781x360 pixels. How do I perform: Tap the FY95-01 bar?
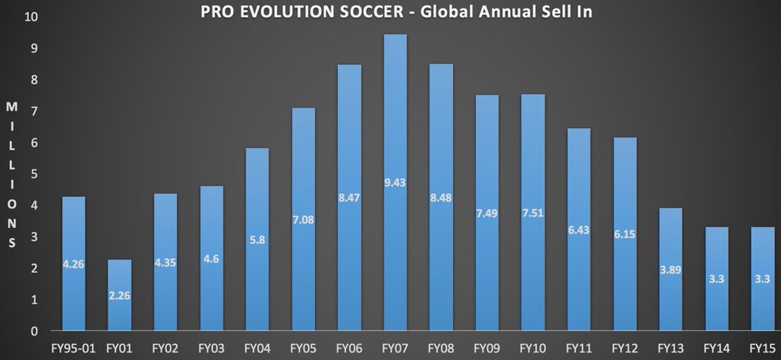tap(74, 264)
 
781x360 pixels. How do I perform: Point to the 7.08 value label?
tap(303, 220)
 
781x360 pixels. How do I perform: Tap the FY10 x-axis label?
tap(533, 348)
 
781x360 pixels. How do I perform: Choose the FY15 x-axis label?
tap(762, 348)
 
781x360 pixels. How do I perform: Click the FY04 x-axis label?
tap(257, 348)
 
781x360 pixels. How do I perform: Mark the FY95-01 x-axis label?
tap(73, 348)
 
